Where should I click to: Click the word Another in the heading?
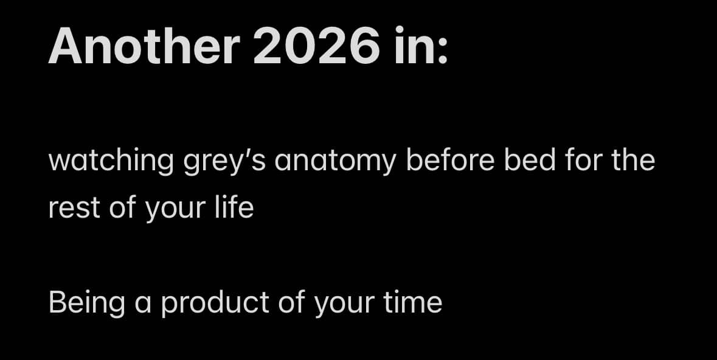[144, 46]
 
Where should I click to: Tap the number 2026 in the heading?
[316, 46]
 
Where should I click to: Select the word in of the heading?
[412, 46]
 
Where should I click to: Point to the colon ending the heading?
[442, 51]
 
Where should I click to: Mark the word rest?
[74, 208]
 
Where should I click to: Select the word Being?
[86, 303]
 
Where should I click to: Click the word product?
[215, 303]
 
